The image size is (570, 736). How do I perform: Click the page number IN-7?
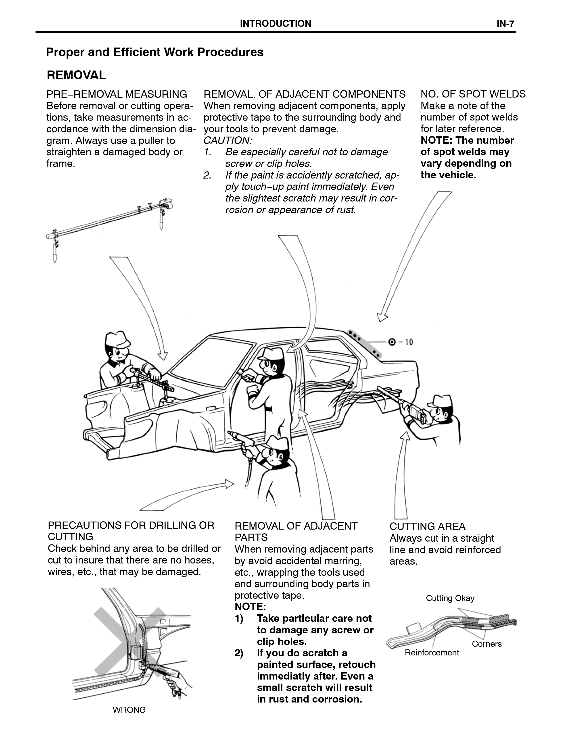click(505, 24)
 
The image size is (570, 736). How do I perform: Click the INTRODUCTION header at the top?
click(275, 24)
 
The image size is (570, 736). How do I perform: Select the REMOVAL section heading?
click(77, 75)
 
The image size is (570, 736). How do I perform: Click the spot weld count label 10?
click(409, 342)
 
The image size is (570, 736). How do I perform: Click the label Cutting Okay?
click(450, 598)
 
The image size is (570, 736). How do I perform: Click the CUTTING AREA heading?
click(427, 526)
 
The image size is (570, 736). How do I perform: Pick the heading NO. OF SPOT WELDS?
click(473, 94)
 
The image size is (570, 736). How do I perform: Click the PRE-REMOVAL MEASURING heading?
click(117, 94)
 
